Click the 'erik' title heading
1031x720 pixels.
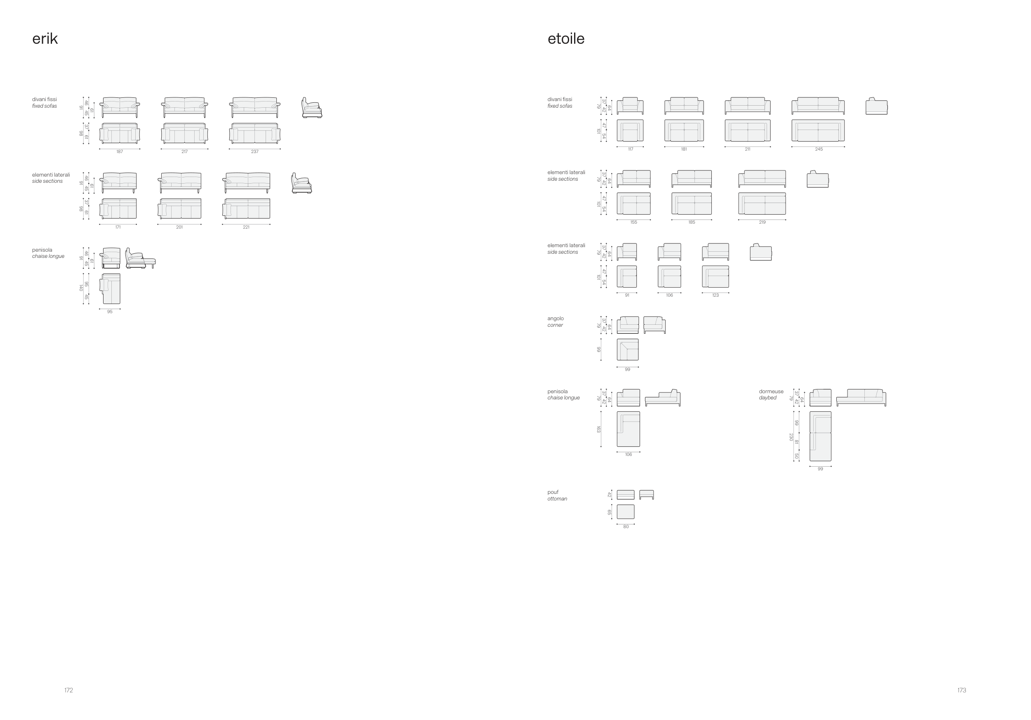pos(45,39)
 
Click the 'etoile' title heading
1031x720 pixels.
pos(566,39)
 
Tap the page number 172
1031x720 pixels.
pos(68,690)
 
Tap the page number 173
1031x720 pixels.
pos(961,690)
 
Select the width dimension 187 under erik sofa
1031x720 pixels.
pos(120,152)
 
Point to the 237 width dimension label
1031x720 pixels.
pos(254,152)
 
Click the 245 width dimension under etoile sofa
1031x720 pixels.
pos(819,149)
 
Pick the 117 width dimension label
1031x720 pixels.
pos(631,149)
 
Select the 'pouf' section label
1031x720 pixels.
pos(553,492)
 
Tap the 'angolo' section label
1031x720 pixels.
pos(556,319)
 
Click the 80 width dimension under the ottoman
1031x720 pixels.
pos(626,527)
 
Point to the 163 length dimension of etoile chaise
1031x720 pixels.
pos(598,430)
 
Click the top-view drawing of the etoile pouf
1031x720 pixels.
pos(626,512)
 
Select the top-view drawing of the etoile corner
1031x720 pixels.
pos(627,349)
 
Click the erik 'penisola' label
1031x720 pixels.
pos(42,250)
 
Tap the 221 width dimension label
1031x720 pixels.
pos(246,227)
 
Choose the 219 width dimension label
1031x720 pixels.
pos(762,222)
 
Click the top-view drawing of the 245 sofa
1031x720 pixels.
pos(818,130)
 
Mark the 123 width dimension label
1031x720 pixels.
pos(716,295)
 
